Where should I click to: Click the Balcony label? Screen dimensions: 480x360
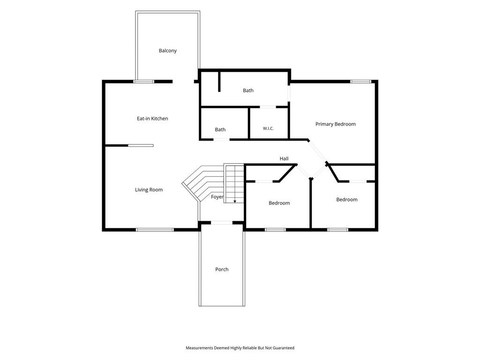pos(167,51)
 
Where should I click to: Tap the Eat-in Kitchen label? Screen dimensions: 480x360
pos(152,119)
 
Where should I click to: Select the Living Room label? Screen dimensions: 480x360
pos(149,189)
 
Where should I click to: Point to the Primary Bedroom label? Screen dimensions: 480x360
pos(336,124)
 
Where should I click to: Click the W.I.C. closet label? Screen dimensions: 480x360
pos(268,128)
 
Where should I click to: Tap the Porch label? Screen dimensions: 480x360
pos(222,270)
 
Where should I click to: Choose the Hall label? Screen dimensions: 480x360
pos(284,158)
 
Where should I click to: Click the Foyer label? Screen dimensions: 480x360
pos(217,197)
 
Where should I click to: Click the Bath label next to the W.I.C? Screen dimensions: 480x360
pos(220,129)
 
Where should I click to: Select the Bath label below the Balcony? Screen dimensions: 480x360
pos(248,90)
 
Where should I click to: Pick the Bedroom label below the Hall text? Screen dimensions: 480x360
pos(279,203)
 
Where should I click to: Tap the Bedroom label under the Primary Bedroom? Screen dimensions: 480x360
pos(347,200)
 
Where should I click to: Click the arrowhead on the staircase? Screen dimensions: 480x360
pos(235,201)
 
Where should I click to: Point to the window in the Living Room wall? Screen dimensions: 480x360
pos(155,230)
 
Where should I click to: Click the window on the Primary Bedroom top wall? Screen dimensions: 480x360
pos(360,82)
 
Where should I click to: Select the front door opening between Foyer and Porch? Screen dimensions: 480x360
pos(222,223)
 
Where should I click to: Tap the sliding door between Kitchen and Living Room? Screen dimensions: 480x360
pos(141,145)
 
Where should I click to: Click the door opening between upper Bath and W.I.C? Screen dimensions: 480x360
pos(268,107)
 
